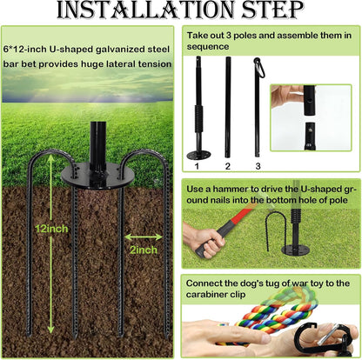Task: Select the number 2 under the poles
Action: point(228,163)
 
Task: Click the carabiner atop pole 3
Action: point(258,68)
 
